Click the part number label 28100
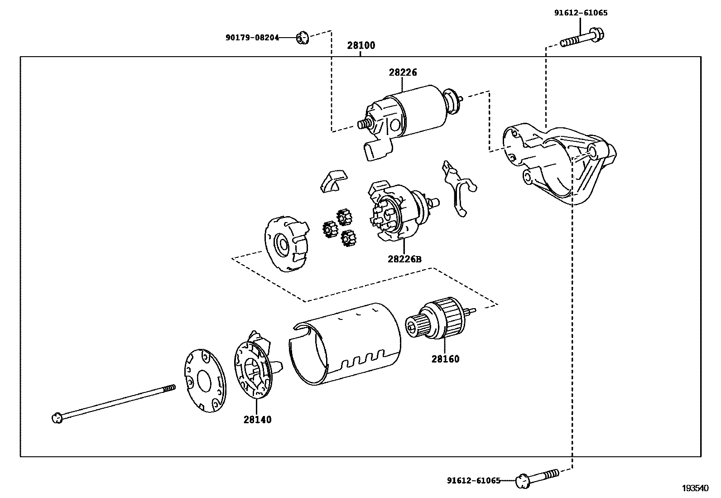361,45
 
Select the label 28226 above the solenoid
402,73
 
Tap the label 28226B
404,259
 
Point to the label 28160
445,359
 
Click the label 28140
257,420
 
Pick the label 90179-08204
252,38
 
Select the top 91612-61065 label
581,13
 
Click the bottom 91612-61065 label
474,480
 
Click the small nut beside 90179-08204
302,38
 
